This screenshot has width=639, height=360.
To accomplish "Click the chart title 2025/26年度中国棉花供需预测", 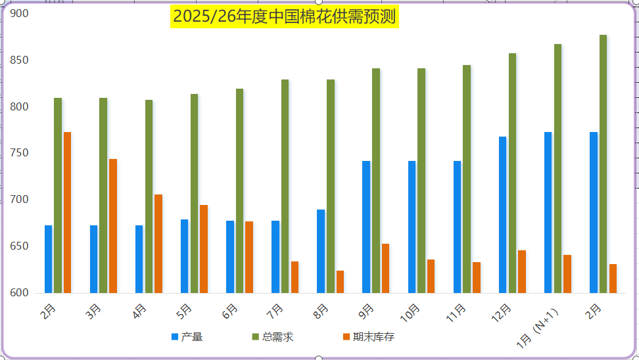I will pos(285,16).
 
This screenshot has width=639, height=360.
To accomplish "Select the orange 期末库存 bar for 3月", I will pos(113,225).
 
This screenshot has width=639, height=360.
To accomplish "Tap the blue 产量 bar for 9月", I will pos(366,227).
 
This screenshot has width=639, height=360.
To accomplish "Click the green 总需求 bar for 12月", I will pos(512,173).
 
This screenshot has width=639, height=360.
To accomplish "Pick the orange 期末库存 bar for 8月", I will pos(340,282).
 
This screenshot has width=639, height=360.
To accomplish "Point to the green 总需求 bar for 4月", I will pos(149,196).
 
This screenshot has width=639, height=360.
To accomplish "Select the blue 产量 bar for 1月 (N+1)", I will pos(548,212).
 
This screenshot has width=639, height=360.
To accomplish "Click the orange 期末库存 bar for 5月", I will pos(204,249).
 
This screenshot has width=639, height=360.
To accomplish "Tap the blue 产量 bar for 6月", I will pos(230,257).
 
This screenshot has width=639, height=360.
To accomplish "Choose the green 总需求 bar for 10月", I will pos(421,181).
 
